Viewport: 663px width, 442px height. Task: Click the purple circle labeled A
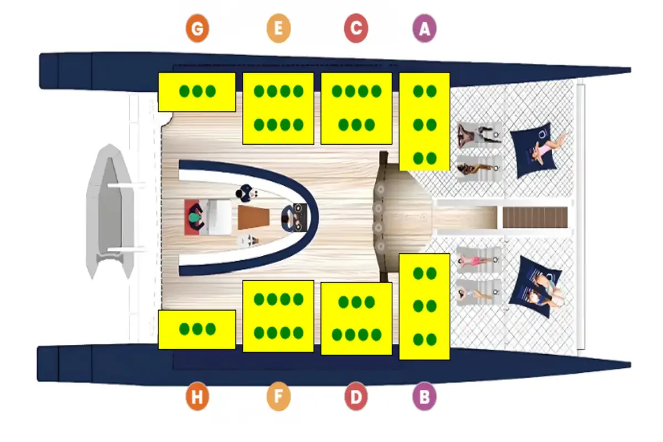[x=424, y=29]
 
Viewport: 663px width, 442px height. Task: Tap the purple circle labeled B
[x=424, y=397]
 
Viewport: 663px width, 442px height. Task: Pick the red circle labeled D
[x=356, y=397]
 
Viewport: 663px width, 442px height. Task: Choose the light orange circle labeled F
[x=278, y=397]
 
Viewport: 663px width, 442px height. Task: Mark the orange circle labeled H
[x=197, y=397]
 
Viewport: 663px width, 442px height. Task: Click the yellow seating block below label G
[x=197, y=92]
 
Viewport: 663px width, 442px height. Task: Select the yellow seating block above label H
[x=197, y=329]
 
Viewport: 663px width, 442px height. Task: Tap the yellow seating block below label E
[x=278, y=108]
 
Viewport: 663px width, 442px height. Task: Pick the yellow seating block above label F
[x=278, y=316]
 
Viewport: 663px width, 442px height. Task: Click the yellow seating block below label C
[x=356, y=108]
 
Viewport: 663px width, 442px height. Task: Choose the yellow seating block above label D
[x=356, y=319]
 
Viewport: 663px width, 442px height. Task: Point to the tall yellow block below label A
[x=424, y=121]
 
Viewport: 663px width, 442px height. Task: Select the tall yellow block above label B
[x=424, y=307]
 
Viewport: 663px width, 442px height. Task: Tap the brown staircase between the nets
[x=535, y=217]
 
